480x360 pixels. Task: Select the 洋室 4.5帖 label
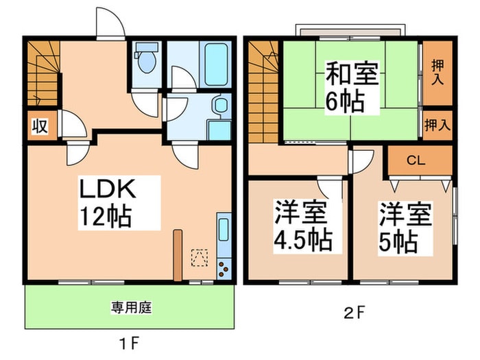click(301, 226)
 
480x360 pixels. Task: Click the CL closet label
click(416, 161)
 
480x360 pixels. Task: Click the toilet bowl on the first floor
click(145, 60)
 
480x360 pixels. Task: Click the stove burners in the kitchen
click(224, 268)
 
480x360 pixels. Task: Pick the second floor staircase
click(264, 93)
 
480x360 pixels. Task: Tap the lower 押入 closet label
click(437, 125)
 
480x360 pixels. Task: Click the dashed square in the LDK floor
click(200, 256)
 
